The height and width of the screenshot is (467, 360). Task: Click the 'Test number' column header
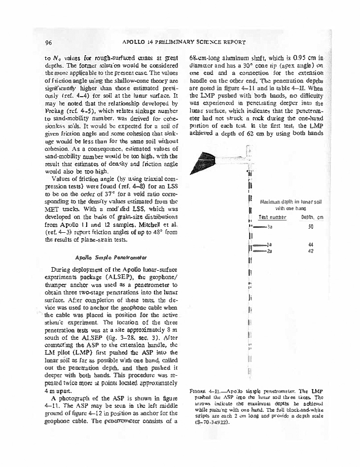pos(273,217)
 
